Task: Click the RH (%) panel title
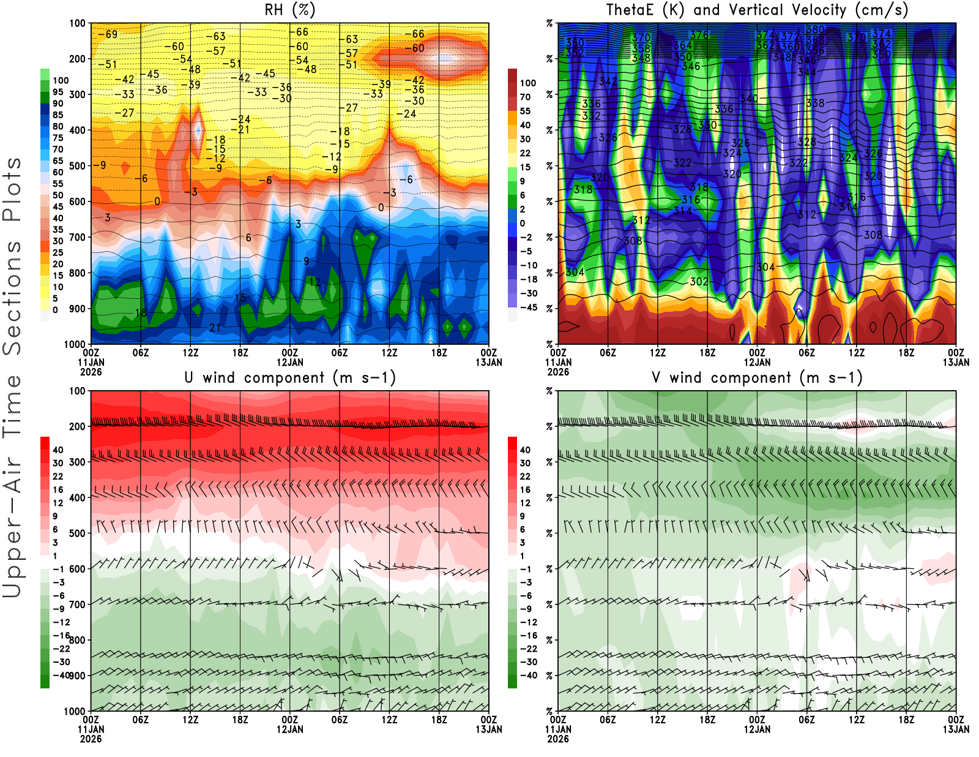coord(290,10)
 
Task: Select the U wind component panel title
coord(290,377)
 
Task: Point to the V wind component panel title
coord(757,377)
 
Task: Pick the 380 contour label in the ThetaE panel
coord(815,29)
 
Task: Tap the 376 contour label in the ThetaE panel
coord(699,36)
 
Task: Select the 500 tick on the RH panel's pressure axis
coord(77,166)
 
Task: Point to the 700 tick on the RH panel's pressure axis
coord(77,237)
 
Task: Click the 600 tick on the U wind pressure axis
coord(77,569)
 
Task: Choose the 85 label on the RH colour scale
coord(58,115)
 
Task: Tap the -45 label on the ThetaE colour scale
coord(528,307)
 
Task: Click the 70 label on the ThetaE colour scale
coord(525,97)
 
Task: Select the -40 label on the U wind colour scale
coord(60,675)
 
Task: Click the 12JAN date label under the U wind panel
coord(290,729)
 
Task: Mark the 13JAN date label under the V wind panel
coord(956,729)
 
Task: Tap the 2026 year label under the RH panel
coord(91,372)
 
